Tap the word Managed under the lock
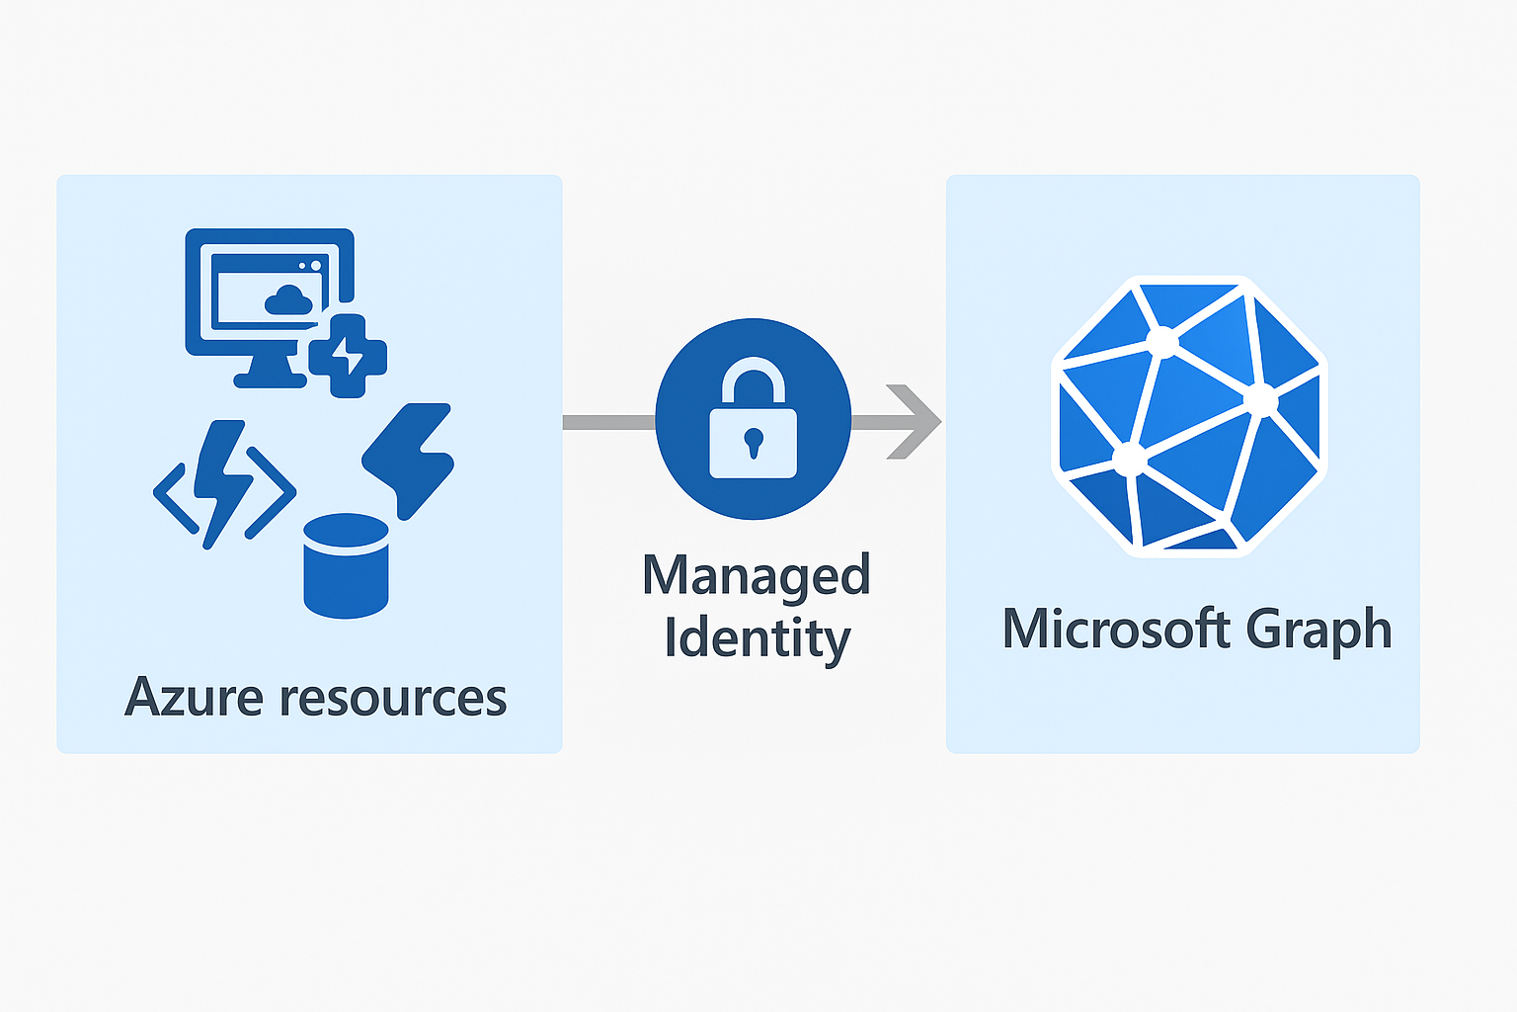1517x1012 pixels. (x=756, y=576)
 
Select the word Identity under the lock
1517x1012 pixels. (x=757, y=637)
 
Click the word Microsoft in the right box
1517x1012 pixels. (x=1115, y=629)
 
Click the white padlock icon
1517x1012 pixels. (x=753, y=431)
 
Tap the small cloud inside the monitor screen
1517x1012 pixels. (x=288, y=299)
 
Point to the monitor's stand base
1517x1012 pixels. (x=270, y=379)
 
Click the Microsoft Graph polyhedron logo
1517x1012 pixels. (x=1189, y=415)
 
